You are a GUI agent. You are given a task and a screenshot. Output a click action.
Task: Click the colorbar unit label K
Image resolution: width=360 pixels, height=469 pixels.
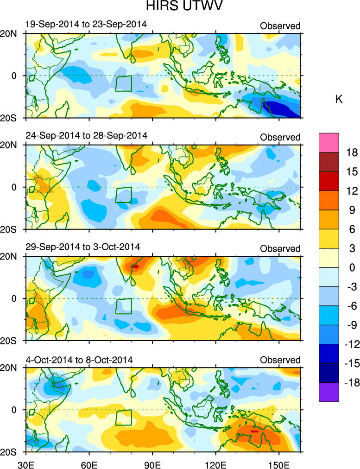339,99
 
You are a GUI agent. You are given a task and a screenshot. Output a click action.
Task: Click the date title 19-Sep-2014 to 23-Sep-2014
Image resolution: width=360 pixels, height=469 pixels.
86,24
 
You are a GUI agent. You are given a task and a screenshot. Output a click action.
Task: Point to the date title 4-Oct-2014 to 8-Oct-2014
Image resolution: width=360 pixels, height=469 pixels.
79,360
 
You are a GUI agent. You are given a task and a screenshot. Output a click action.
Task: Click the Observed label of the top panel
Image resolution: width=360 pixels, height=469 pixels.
280,26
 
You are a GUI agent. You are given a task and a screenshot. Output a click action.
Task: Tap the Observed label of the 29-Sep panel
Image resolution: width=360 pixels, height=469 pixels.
280,249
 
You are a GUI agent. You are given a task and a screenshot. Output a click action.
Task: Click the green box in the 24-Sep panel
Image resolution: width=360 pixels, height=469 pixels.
123,195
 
